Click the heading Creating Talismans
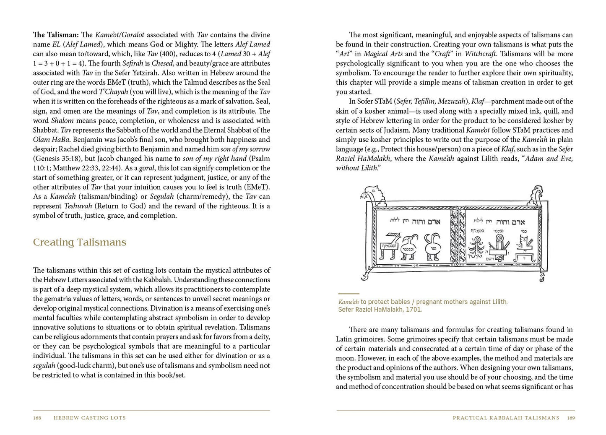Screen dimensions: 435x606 point(79,242)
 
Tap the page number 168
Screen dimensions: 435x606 point(37,418)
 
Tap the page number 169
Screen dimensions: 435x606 point(571,418)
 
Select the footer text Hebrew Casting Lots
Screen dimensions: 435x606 point(90,418)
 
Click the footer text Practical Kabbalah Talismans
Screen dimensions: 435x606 point(506,418)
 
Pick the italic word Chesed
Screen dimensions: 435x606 point(162,63)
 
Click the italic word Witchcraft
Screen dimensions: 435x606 point(480,54)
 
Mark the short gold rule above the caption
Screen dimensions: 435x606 point(349,294)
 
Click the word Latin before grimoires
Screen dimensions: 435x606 point(345,339)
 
